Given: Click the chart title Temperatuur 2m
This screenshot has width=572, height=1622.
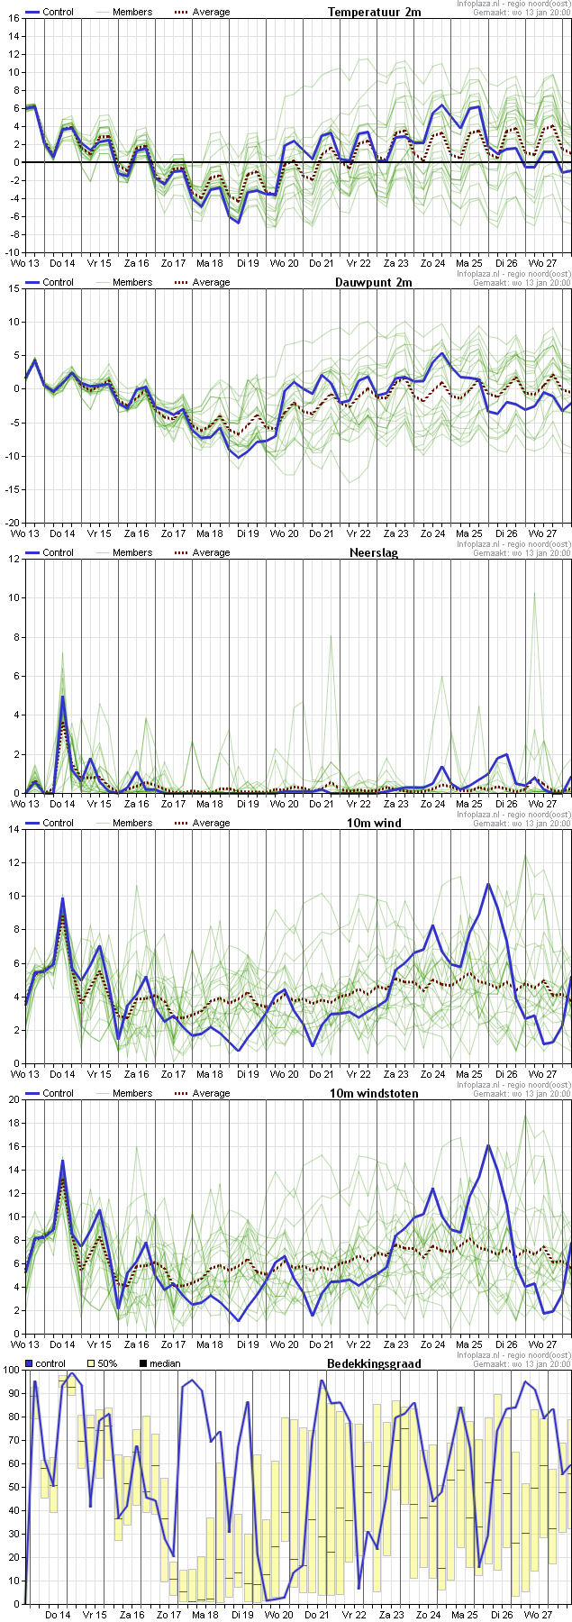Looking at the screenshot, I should [374, 12].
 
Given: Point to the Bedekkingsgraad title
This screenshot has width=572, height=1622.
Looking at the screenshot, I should [374, 1363].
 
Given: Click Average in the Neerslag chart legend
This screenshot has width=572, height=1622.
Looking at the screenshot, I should [211, 552].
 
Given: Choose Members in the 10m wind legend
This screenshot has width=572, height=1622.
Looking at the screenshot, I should [132, 823].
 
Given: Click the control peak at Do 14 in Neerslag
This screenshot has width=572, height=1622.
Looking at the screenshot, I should [63, 697].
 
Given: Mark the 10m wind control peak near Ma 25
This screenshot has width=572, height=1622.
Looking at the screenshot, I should [488, 884].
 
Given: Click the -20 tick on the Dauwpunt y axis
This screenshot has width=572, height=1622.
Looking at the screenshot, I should [12, 523].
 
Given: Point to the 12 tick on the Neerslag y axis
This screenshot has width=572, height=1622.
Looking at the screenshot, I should [14, 559].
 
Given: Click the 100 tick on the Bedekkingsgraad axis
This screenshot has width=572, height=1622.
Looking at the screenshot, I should [11, 1370].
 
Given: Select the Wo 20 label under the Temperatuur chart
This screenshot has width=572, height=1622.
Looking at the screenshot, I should [284, 262].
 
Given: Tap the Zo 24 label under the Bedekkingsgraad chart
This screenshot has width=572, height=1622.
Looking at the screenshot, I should [428, 1614].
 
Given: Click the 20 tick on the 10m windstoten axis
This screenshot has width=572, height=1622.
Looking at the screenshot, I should [14, 1099].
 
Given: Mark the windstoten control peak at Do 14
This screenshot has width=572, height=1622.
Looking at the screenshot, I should [63, 1161].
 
